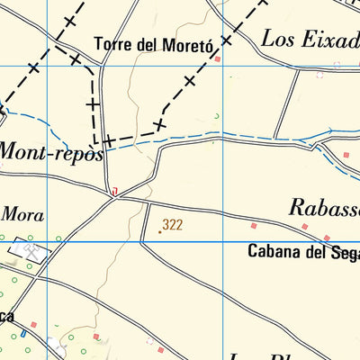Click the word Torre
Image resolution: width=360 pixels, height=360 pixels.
(113, 43)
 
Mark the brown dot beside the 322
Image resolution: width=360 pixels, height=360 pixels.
(160, 231)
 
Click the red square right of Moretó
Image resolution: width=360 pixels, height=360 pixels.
(217, 58)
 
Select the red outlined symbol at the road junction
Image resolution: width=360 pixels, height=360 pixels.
(114, 191)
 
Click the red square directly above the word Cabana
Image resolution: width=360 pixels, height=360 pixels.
(254, 225)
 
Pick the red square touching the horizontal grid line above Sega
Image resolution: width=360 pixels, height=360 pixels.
(344, 241)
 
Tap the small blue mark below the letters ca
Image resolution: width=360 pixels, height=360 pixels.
(25, 333)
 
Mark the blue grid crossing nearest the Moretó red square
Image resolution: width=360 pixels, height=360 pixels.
(223, 66)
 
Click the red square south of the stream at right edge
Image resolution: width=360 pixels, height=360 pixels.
(346, 156)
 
